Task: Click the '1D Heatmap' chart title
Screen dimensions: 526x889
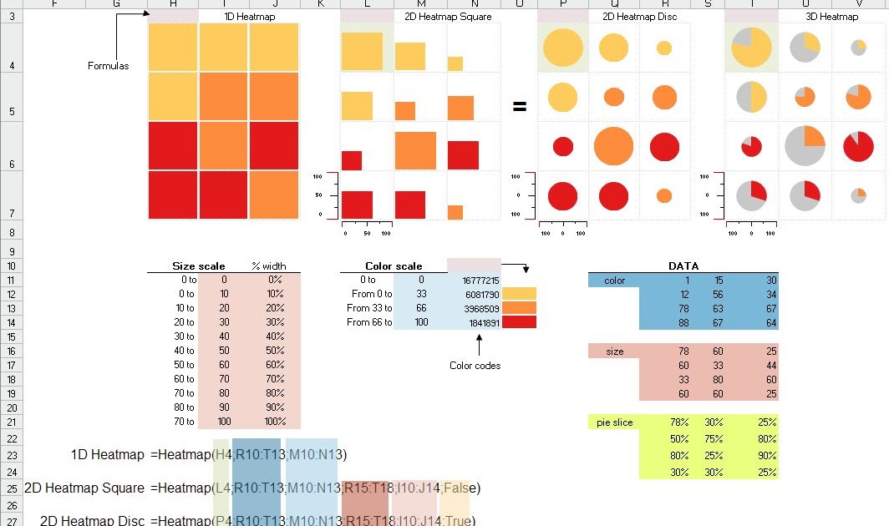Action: [249, 17]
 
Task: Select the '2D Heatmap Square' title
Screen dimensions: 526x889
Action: [447, 17]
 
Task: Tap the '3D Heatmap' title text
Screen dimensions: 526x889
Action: [831, 17]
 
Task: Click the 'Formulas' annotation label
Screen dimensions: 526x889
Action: [108, 66]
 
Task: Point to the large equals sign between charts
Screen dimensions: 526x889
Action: [520, 107]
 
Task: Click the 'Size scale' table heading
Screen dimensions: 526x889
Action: [198, 266]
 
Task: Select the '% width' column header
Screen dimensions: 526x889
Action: [268, 266]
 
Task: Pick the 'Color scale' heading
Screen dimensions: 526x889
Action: [394, 266]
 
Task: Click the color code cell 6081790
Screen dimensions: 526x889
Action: [480, 295]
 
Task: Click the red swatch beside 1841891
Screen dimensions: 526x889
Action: [519, 322]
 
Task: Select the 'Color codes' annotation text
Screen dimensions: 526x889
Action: [475, 366]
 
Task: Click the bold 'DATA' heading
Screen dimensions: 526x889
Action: [683, 266]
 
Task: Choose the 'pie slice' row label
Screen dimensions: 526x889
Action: [614, 422]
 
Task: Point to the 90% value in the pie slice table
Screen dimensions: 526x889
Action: [766, 456]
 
